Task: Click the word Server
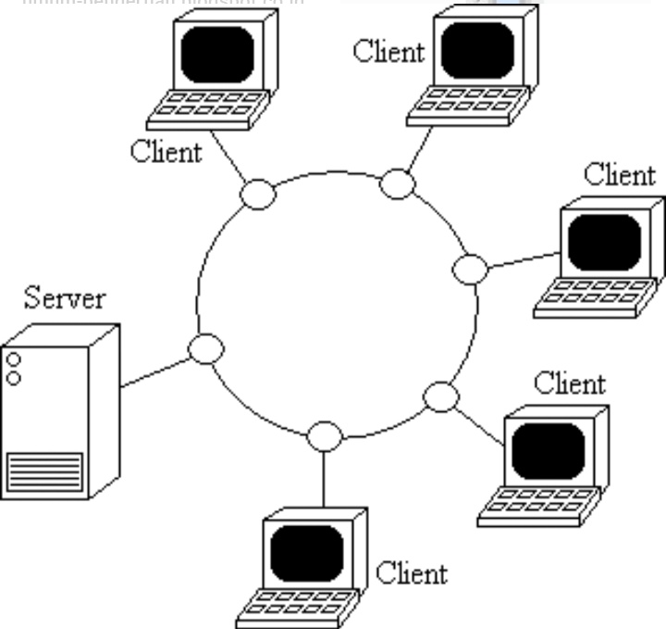coord(65,298)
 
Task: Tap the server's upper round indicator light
coord(14,358)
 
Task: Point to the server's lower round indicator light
coord(14,377)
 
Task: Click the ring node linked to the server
coord(206,349)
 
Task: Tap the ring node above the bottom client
coord(323,434)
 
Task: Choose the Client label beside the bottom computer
coord(412,572)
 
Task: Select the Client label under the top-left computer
coord(166,151)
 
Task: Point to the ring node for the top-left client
coord(258,195)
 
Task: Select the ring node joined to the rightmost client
coord(470,269)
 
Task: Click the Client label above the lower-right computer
coord(570,382)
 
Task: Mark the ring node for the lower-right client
coord(441,396)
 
